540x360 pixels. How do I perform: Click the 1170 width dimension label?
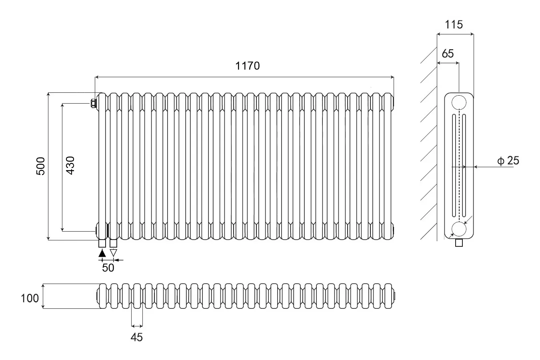(x=247, y=66)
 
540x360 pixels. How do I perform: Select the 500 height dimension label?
(x=40, y=166)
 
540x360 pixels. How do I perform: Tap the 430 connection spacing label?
(x=70, y=166)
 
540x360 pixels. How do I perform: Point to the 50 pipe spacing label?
(x=108, y=268)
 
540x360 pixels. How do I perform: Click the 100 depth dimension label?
(x=30, y=298)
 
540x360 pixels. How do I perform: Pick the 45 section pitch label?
(x=137, y=337)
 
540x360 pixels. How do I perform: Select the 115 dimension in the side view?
(x=454, y=24)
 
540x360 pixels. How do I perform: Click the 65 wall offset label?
(x=448, y=54)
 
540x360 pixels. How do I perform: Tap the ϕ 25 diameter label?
(x=508, y=160)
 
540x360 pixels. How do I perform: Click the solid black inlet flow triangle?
(x=102, y=253)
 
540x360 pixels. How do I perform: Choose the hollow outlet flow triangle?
(x=113, y=253)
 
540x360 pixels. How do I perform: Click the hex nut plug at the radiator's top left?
(x=93, y=104)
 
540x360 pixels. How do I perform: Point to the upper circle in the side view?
(x=459, y=102)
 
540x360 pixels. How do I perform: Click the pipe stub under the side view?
(x=459, y=243)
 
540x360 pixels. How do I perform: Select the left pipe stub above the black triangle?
(x=102, y=244)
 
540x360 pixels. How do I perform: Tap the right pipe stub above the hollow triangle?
(x=113, y=244)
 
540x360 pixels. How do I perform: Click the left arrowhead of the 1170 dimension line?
(x=97, y=77)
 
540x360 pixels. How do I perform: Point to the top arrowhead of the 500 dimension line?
(x=48, y=94)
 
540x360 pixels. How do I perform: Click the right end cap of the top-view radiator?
(x=394, y=296)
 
